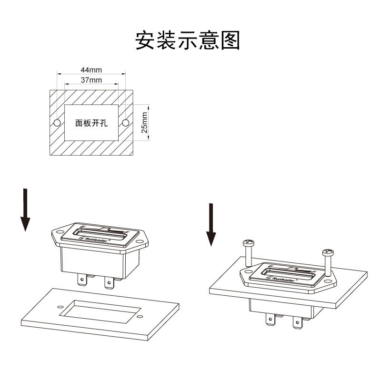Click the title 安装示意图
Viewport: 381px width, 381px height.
(187, 41)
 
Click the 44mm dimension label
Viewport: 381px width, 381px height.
(91, 70)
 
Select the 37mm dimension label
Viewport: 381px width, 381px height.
(91, 80)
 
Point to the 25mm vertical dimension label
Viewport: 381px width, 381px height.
(145, 122)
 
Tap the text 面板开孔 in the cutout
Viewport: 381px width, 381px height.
(90, 123)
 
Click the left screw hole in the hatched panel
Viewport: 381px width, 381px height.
(57, 123)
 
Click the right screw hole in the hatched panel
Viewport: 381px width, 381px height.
(125, 123)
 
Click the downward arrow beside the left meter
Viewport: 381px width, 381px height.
(25, 210)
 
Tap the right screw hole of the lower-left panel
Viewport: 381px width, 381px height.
(139, 318)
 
